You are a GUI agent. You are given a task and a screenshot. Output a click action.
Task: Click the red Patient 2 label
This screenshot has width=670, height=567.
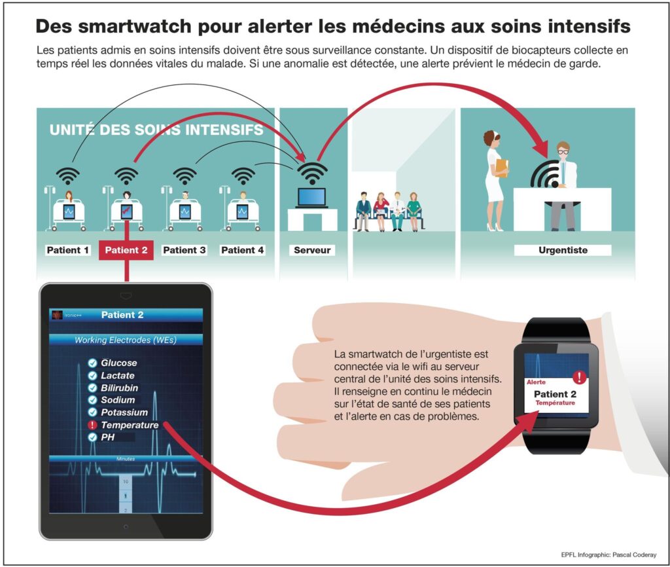[x=126, y=250]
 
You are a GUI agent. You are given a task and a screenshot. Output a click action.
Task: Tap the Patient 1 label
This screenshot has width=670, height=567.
[x=67, y=250]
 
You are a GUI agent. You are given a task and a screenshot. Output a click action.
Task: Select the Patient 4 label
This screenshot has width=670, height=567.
[x=242, y=250]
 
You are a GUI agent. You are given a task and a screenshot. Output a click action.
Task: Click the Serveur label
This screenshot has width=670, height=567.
[x=312, y=250]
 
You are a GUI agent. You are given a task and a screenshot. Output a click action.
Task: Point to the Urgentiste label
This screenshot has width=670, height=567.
[x=563, y=250]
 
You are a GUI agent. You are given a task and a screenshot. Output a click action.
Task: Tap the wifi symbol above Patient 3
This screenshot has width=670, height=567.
[x=185, y=175]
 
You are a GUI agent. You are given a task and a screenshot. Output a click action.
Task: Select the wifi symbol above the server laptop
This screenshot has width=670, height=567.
[x=312, y=172]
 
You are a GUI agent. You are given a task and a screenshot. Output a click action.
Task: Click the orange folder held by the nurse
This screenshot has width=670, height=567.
[x=501, y=168]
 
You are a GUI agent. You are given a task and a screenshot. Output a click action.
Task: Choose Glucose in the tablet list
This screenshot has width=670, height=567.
[x=118, y=363]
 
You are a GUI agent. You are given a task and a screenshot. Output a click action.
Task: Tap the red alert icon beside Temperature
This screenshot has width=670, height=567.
[x=93, y=425]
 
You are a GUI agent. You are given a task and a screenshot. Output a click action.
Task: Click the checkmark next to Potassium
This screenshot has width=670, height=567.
[x=93, y=412]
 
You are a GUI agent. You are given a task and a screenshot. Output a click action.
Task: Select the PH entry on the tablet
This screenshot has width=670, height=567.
[x=108, y=437]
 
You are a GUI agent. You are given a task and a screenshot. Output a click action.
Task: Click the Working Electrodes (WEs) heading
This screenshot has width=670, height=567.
[x=126, y=340]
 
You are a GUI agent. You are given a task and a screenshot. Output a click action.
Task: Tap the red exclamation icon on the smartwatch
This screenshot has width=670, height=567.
[x=579, y=377]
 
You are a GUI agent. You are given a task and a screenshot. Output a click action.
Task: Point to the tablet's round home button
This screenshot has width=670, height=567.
[x=126, y=526]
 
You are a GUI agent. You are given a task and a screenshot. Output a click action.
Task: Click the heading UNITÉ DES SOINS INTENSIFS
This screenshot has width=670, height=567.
[x=156, y=130]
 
